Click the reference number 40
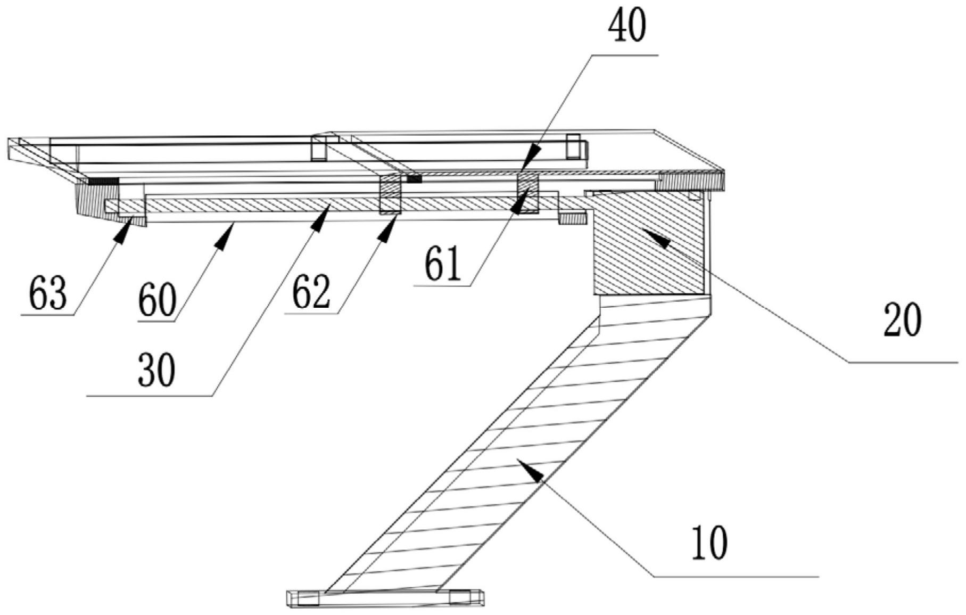point(628,27)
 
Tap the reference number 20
point(902,319)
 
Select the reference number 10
point(709,543)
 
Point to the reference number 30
point(156,371)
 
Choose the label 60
point(157,300)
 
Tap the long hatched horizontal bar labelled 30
point(266,205)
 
